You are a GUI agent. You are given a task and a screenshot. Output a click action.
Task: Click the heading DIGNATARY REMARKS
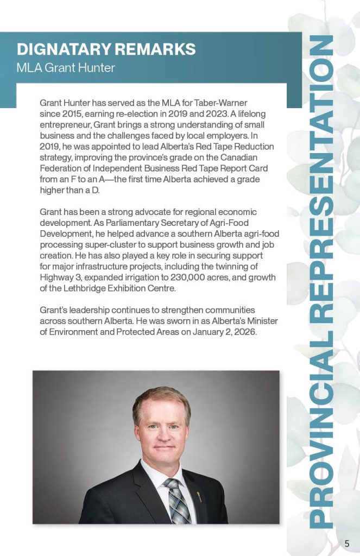pyautogui.click(x=106, y=49)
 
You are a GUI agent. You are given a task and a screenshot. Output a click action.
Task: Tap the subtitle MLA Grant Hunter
pyautogui.click(x=66, y=68)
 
